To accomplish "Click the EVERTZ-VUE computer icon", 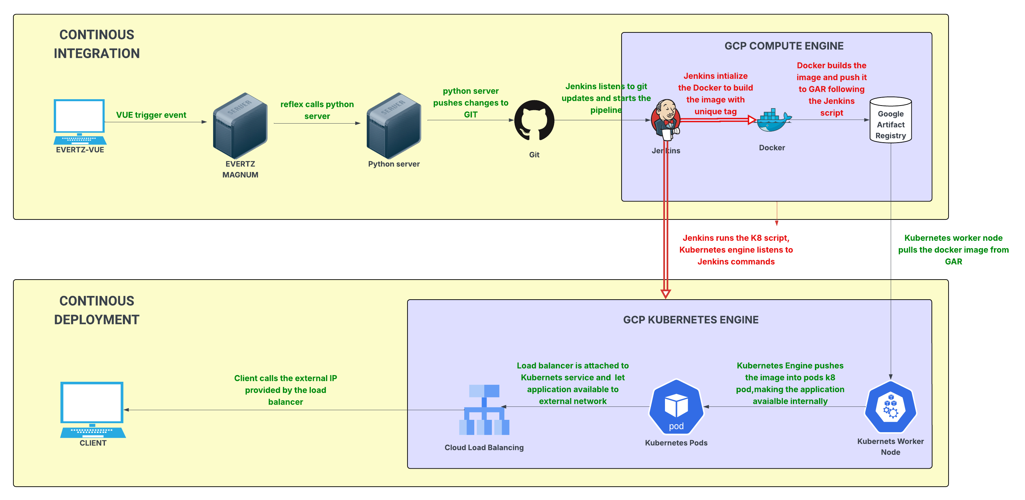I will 79,121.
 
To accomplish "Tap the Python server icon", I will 393,125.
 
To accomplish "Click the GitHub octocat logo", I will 534,120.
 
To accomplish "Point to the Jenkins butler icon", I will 666,119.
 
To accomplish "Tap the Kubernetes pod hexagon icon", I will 676,406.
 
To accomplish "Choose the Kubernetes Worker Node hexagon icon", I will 890,406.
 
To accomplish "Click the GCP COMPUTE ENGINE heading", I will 784,46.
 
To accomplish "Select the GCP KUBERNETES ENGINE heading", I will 690,320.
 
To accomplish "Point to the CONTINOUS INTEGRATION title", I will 97,44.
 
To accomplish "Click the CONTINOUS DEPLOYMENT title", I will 97,310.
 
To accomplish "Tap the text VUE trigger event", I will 151,115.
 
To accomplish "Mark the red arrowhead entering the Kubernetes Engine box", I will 665,294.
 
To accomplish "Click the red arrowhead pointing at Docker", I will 752,120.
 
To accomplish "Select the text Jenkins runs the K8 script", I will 736,238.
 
